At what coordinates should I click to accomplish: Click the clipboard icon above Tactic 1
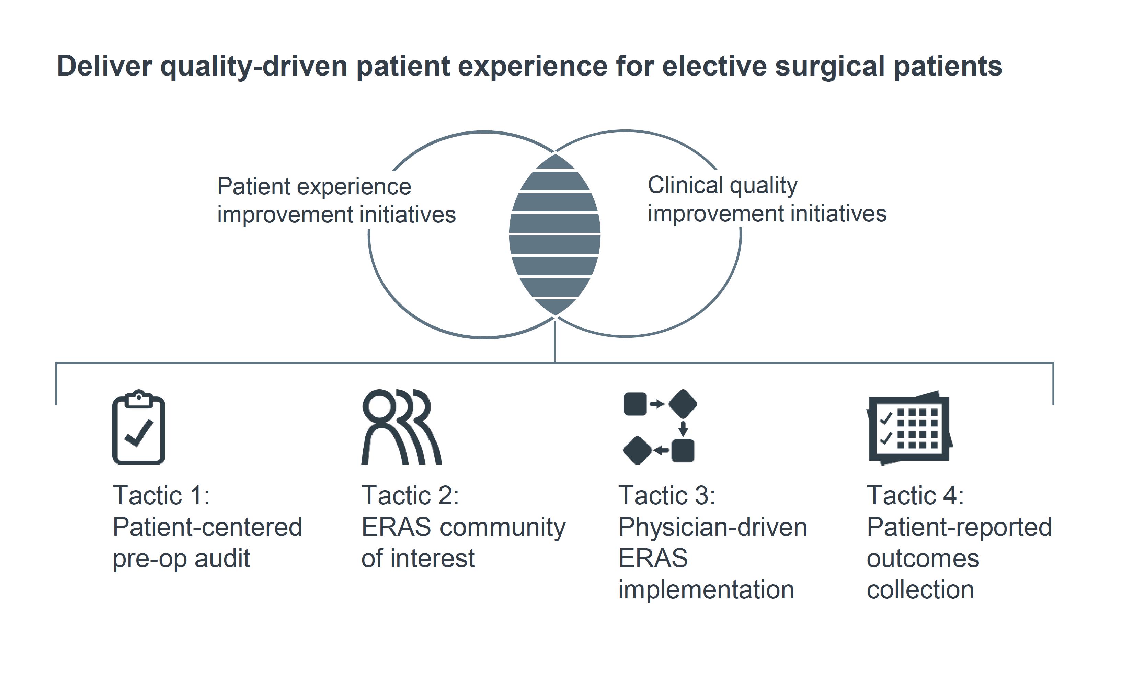point(138,427)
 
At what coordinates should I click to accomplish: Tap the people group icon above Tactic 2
point(401,427)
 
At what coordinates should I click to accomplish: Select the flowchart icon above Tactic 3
point(660,427)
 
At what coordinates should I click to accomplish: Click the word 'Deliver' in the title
point(104,66)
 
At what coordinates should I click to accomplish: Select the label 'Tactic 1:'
point(161,495)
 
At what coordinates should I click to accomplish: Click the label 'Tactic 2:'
point(410,495)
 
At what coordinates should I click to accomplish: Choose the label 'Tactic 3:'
point(667,495)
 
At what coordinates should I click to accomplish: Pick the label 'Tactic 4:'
point(915,495)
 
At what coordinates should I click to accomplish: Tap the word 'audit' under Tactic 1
point(222,558)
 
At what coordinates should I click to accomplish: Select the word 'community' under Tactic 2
point(502,527)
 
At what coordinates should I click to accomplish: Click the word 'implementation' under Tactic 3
point(706,589)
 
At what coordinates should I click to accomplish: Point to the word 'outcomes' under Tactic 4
point(923,558)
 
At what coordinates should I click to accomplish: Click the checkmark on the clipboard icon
point(139,432)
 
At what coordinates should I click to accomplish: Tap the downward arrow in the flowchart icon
point(683,428)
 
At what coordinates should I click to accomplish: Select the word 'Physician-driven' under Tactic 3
point(712,527)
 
